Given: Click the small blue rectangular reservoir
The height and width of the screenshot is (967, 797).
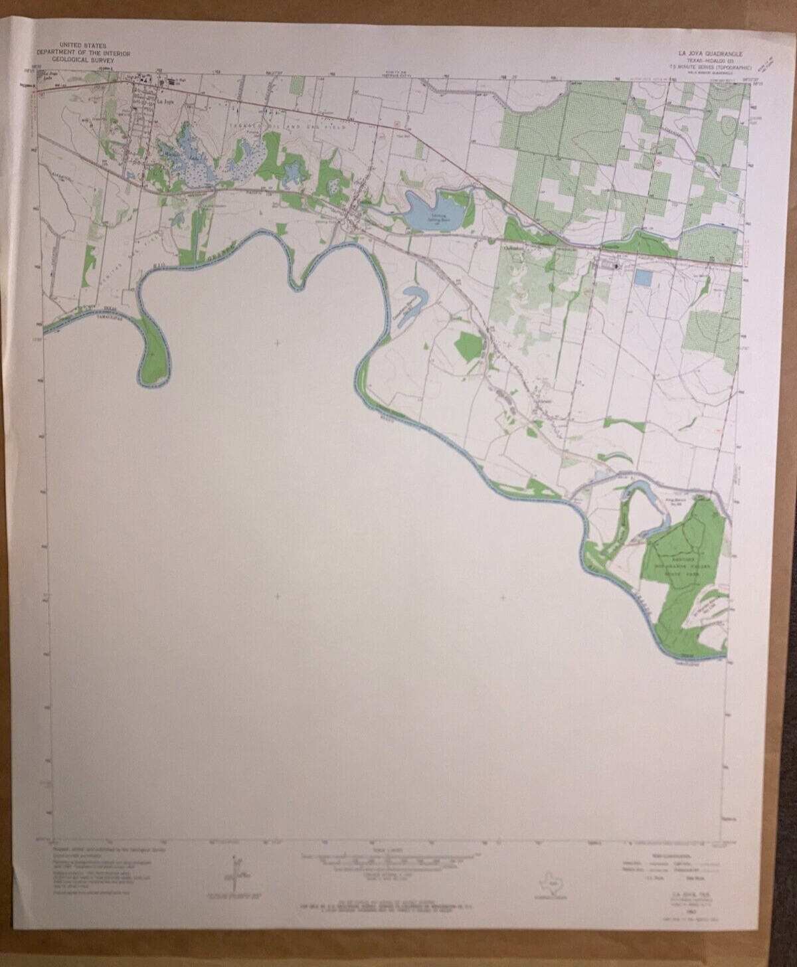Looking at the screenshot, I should pyautogui.click(x=643, y=277).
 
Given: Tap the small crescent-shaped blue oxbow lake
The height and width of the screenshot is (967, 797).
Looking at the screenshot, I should pyautogui.click(x=414, y=296).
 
